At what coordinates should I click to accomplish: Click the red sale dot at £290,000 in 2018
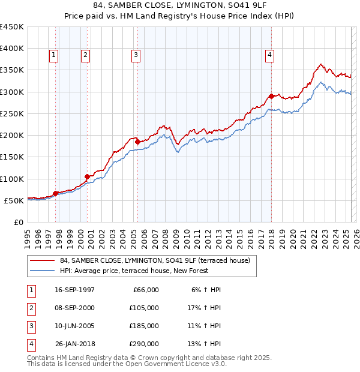pyautogui.click(x=271, y=96)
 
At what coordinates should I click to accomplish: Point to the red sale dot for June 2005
pyautogui.click(x=137, y=142)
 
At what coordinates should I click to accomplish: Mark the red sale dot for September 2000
pyautogui.click(x=87, y=176)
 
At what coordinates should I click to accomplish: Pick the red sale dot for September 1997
pyautogui.click(x=56, y=193)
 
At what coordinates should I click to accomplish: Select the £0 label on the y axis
pyautogui.click(x=19, y=222)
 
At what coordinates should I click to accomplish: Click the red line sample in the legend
pyautogui.click(x=42, y=260)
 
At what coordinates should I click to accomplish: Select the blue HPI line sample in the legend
pyautogui.click(x=42, y=271)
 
